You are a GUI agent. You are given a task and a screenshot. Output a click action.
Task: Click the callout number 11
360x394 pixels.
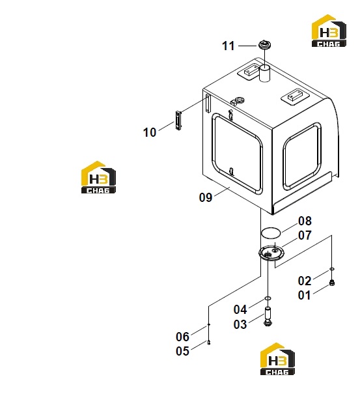[228, 46]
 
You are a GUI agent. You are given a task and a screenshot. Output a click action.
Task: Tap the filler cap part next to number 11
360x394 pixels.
[264, 46]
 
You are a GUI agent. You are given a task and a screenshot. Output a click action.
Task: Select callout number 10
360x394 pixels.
[150, 132]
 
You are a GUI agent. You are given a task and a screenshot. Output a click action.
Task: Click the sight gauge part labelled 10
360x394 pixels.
[178, 120]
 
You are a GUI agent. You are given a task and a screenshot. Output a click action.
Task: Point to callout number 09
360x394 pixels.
[206, 197]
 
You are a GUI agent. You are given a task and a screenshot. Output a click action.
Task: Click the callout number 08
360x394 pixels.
[305, 221]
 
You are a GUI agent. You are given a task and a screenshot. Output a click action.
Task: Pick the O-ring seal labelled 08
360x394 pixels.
[271, 232]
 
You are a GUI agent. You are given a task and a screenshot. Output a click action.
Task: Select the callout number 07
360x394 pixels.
[305, 236]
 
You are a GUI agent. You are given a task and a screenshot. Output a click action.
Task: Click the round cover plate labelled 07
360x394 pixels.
[271, 253]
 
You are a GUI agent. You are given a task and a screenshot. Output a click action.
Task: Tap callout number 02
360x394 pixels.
[305, 281]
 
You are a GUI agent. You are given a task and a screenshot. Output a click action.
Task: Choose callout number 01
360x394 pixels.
[304, 295]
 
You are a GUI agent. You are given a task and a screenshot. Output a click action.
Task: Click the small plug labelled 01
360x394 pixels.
[332, 283]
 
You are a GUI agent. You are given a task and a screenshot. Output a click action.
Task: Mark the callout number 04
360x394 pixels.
[240, 309]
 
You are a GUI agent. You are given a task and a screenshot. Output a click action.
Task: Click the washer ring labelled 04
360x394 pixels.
[268, 298]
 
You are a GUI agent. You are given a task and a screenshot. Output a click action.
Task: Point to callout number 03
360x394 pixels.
[240, 324]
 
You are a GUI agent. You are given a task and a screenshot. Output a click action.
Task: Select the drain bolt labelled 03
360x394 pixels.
[268, 316]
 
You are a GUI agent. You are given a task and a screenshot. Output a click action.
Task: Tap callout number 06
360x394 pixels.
[183, 337]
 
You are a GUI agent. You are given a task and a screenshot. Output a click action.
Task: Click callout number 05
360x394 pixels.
[183, 351]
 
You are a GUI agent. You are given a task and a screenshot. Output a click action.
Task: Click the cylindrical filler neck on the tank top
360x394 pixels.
[264, 73]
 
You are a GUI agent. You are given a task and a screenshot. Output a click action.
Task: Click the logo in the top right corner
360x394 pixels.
[329, 31]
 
